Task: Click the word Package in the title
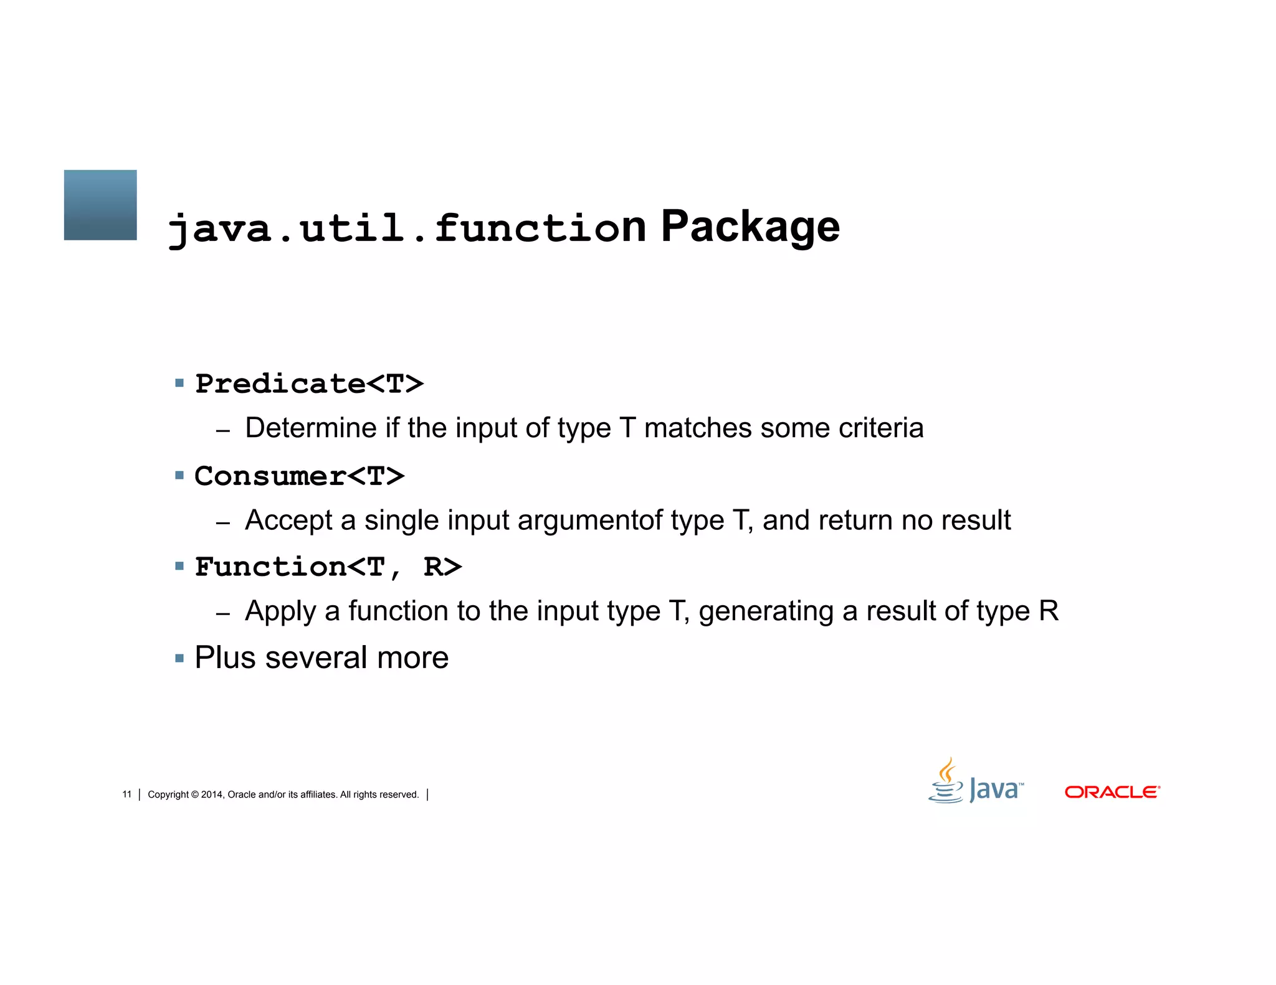tap(750, 227)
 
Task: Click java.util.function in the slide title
tap(406, 228)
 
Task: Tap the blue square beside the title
tap(100, 205)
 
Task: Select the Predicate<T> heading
tap(309, 384)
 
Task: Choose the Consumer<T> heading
tap(299, 476)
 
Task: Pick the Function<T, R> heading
tap(328, 567)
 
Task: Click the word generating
tap(766, 611)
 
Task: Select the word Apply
tap(280, 611)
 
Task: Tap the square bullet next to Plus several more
tap(179, 658)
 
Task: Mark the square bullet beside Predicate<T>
tap(179, 384)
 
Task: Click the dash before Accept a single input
tap(223, 523)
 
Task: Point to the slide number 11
tap(127, 794)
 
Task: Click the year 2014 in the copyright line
tap(211, 794)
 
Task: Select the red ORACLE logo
tap(1112, 792)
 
